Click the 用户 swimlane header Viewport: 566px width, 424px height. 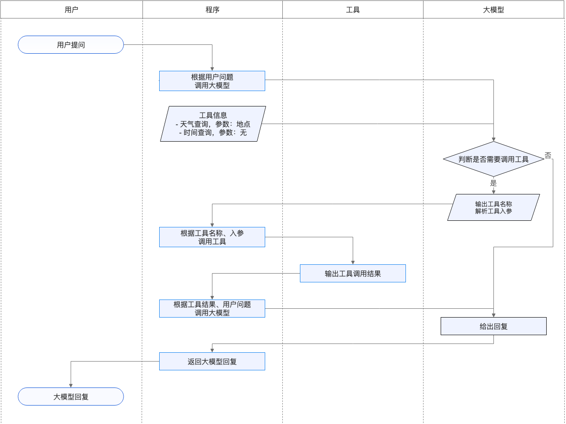point(71,10)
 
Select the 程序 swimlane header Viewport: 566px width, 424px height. point(212,10)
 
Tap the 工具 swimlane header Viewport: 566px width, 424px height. point(353,10)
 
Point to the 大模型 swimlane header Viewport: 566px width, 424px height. point(493,10)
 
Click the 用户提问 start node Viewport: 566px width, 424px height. point(71,45)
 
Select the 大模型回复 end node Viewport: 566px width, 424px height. point(71,397)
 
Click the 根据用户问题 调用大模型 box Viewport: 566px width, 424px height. point(212,81)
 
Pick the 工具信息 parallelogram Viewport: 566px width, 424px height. point(213,124)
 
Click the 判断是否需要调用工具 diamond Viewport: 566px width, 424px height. point(493,159)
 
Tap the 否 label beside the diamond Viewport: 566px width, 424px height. point(548,155)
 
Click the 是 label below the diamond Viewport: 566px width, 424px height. point(493,183)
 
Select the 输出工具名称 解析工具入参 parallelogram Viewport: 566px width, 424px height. point(493,208)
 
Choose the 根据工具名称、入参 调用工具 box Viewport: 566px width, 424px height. point(212,237)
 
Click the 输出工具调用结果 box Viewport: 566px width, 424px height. point(353,274)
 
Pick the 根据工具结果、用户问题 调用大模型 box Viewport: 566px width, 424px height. point(212,308)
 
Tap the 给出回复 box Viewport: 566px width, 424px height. point(493,326)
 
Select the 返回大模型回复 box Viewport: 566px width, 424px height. point(212,362)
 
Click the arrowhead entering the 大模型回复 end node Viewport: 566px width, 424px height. point(71,385)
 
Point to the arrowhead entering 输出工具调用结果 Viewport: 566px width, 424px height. point(353,262)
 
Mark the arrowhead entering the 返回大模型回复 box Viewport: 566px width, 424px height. point(212,350)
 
